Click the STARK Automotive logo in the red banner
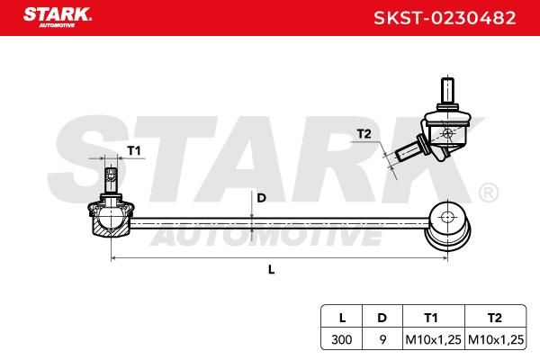tap(58, 17)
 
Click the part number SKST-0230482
tap(445, 18)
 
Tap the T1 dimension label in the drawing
tap(134, 150)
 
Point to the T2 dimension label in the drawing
tap(364, 134)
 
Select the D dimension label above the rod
tap(262, 198)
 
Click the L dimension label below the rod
tap(272, 269)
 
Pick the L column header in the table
tap(342, 318)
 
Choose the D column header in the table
tap(382, 318)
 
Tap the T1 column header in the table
tap(431, 318)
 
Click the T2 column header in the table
tap(494, 318)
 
